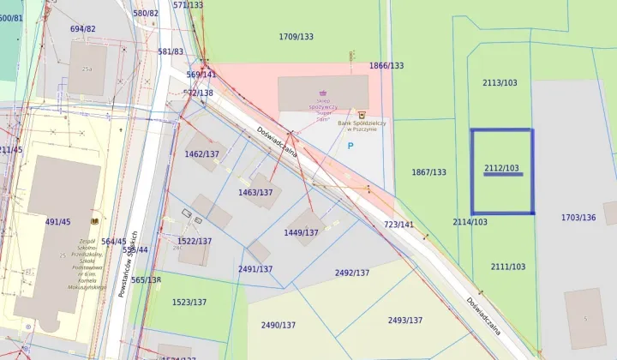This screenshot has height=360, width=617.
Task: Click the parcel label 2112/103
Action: [x=501, y=168]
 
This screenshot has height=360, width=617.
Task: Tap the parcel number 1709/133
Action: [x=297, y=37]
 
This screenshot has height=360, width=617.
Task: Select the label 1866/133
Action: [x=386, y=65]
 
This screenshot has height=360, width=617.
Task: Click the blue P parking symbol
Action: [x=350, y=146]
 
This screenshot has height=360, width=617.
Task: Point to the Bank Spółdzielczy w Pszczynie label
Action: [x=362, y=125]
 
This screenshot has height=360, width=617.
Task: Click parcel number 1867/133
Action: [x=428, y=172]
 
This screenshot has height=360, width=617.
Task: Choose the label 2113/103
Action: [x=500, y=82]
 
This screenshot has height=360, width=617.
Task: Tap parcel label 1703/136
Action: [x=578, y=217]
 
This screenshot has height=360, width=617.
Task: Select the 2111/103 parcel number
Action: [x=508, y=267]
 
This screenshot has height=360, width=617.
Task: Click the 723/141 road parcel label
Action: [x=398, y=224]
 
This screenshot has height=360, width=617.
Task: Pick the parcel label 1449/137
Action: [x=302, y=232]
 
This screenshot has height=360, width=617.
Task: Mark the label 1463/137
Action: [x=255, y=192]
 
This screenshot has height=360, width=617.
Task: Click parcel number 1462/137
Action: [x=202, y=154]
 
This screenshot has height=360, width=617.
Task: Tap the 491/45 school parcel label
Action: [x=57, y=222]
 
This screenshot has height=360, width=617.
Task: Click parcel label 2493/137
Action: [x=405, y=320]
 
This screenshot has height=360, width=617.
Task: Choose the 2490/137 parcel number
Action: [x=279, y=325]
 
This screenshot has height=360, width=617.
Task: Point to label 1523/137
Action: [x=189, y=302]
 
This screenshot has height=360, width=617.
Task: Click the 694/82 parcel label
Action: [x=83, y=29]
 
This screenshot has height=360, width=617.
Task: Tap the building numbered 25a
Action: [x=87, y=69]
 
